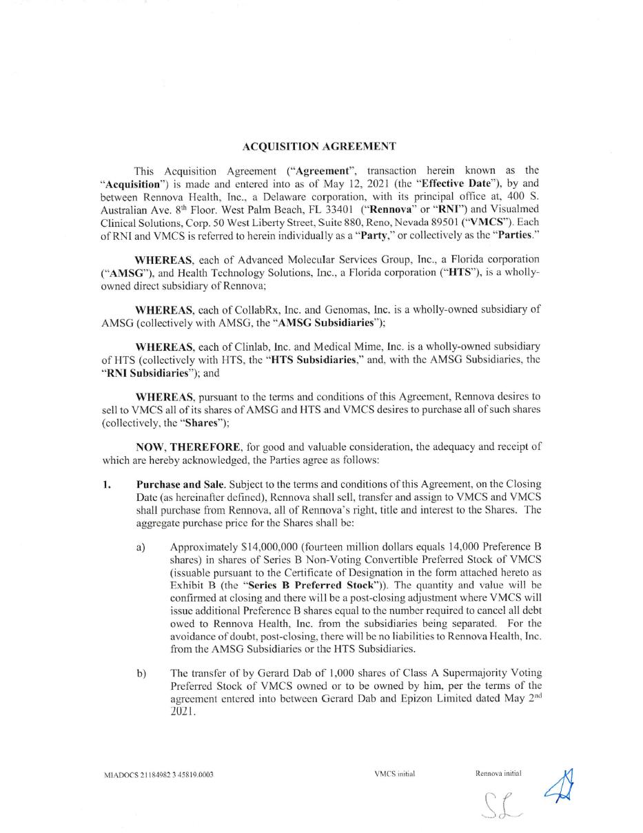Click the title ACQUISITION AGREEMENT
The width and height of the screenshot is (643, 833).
click(x=319, y=147)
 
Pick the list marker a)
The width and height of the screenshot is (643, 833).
click(x=141, y=546)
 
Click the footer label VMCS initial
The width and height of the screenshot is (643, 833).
click(x=394, y=774)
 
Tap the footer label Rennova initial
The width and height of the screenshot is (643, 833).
click(x=498, y=773)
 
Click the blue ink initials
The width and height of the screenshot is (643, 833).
click(x=560, y=787)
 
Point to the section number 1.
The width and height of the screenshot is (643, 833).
click(x=107, y=484)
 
